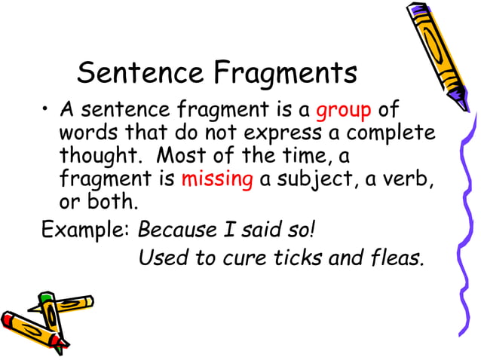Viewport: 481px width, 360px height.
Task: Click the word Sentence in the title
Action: point(139,74)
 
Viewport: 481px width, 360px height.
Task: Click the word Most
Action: point(197,157)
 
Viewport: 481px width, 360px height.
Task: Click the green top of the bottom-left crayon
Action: point(47,299)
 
